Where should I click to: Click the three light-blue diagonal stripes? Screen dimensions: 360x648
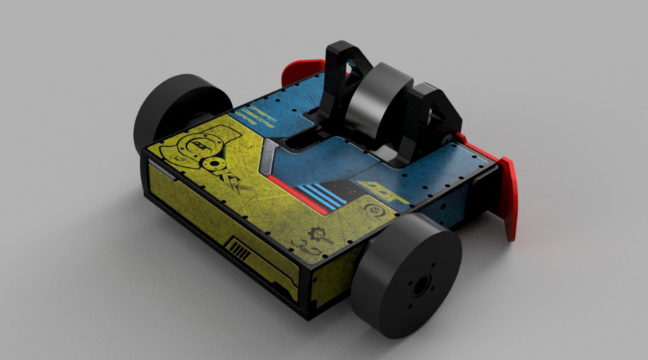point(321,194)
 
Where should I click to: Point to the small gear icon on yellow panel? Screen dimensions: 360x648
point(316,234)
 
